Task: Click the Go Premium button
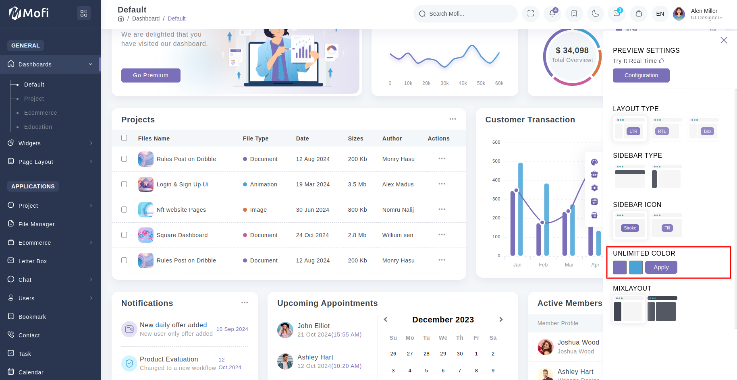tap(151, 75)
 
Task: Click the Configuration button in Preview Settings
tap(641, 75)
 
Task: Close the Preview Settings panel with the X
tap(724, 40)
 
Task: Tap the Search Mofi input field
tap(467, 14)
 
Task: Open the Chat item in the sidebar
tap(25, 280)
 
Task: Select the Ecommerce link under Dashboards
tap(40, 113)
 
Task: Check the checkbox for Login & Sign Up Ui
tap(124, 184)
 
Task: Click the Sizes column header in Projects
tap(355, 138)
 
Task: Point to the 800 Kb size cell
tap(357, 210)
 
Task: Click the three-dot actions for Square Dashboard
tap(442, 235)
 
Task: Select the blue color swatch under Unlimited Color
tap(636, 267)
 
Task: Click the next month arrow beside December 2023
tap(501, 320)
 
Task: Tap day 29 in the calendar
tap(443, 353)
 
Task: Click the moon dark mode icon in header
tap(595, 14)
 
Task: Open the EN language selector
tap(660, 14)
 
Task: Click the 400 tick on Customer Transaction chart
tap(496, 180)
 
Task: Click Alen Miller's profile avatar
tap(679, 14)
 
